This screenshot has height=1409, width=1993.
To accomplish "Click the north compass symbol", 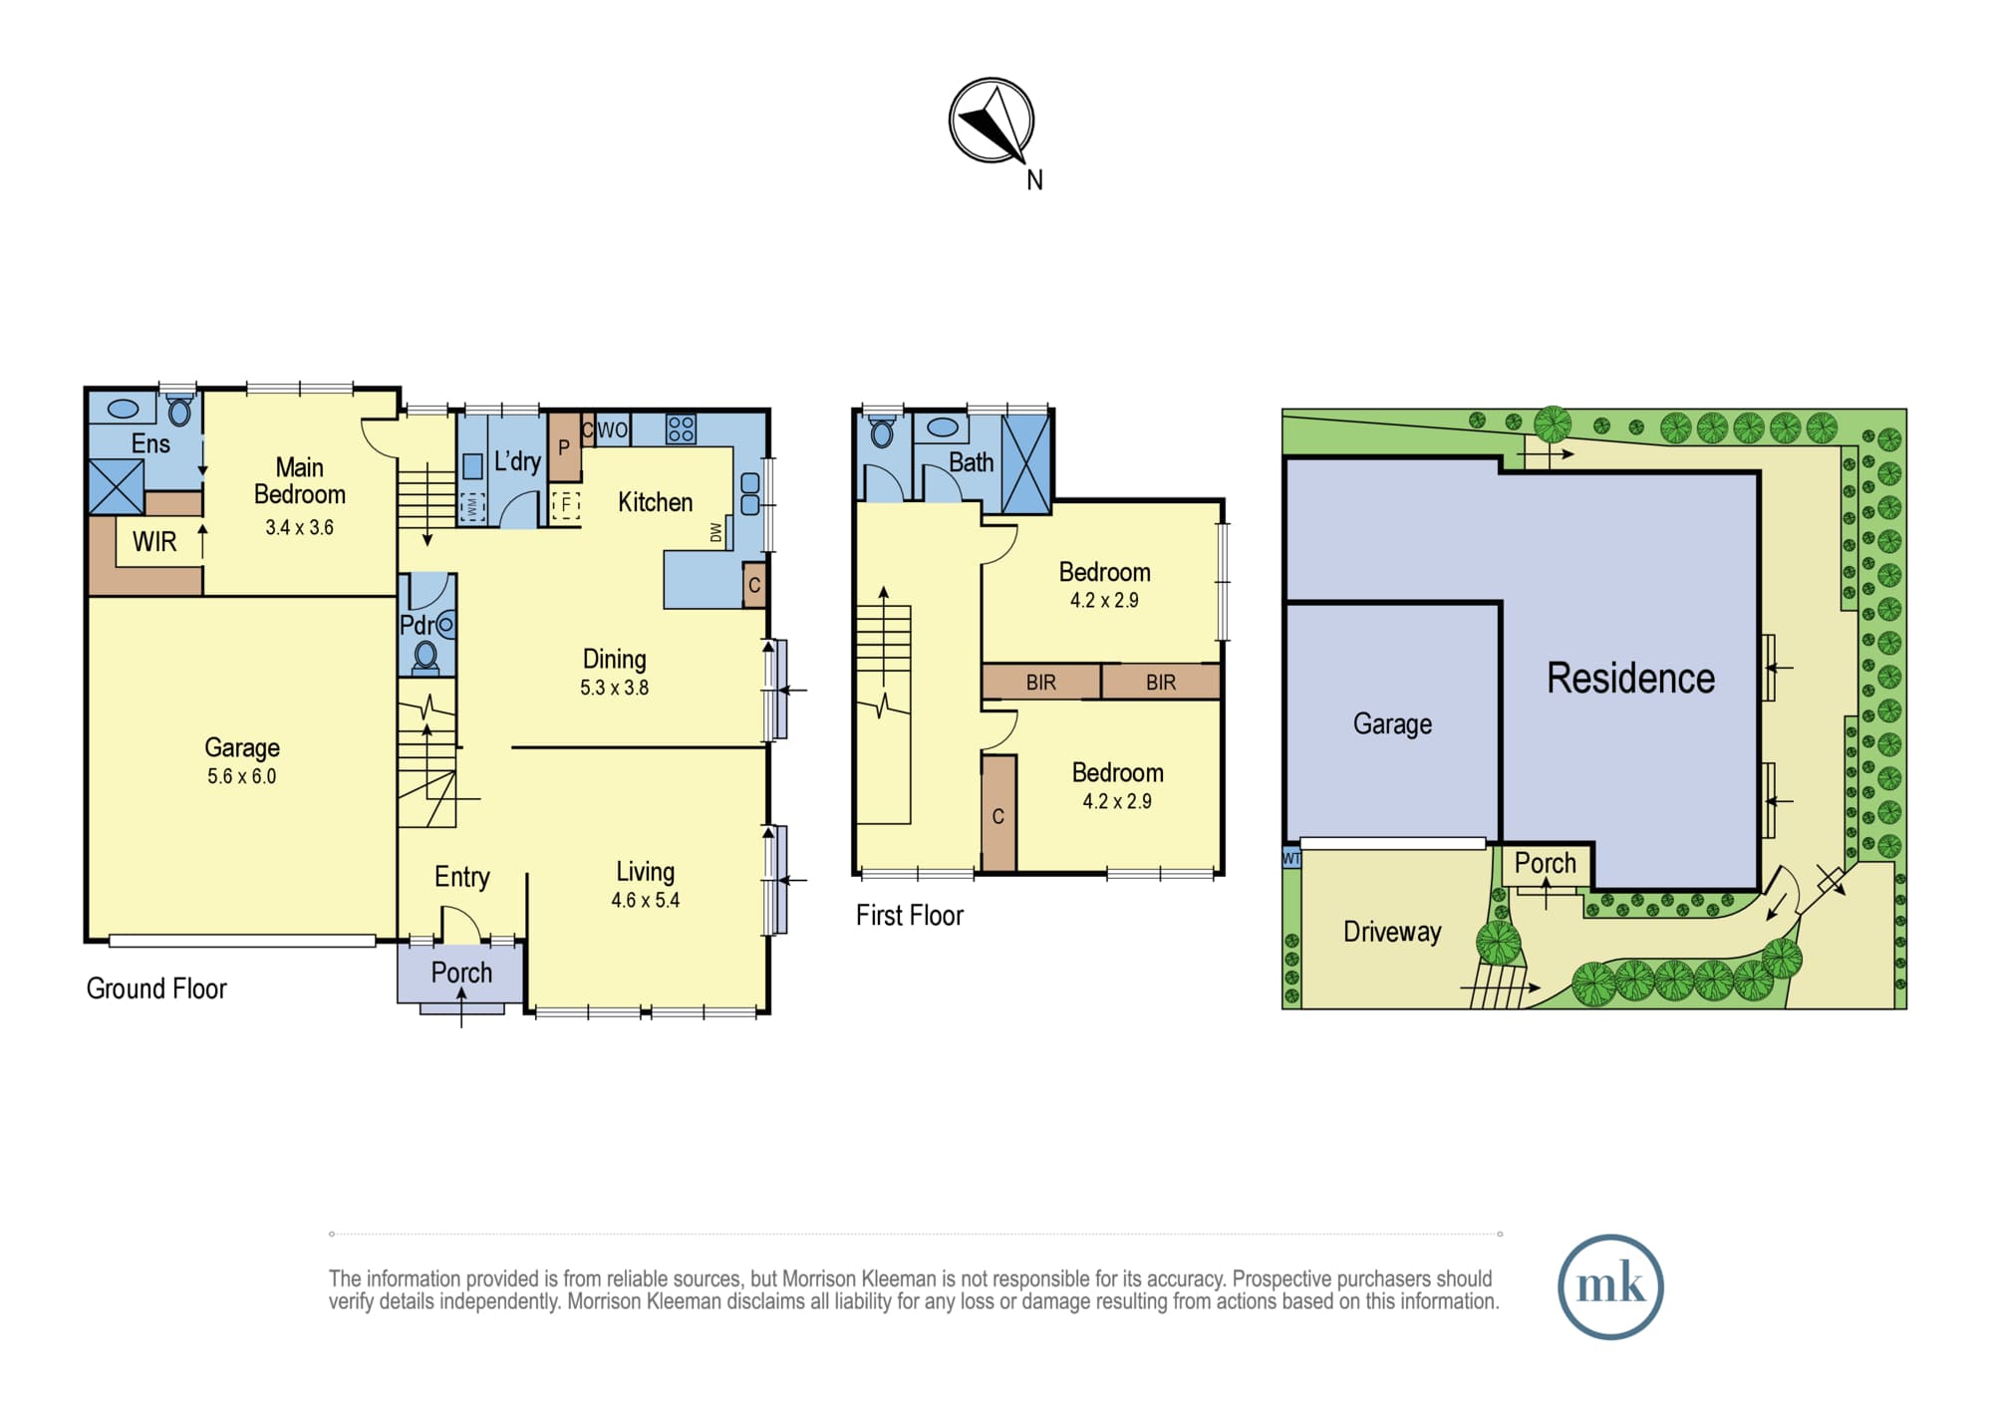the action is pyautogui.click(x=992, y=121).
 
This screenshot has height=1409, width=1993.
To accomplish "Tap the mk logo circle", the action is pyautogui.click(x=1610, y=1286).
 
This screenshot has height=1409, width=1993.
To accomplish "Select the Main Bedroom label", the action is pyautogui.click(x=300, y=481).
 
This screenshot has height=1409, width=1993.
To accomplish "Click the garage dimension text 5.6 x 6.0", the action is pyautogui.click(x=242, y=776).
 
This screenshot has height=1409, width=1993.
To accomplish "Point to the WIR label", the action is pyautogui.click(x=154, y=542).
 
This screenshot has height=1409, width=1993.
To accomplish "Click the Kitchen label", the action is pyautogui.click(x=655, y=502).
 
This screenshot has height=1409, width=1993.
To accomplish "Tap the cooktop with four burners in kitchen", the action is pyautogui.click(x=681, y=429).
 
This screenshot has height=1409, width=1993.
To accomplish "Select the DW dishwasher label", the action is pyautogui.click(x=715, y=533).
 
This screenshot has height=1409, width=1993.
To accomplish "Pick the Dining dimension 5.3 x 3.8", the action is pyautogui.click(x=614, y=688).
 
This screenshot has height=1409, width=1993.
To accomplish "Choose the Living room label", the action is pyautogui.click(x=645, y=872).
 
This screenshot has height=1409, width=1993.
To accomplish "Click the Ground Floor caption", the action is pyautogui.click(x=156, y=988).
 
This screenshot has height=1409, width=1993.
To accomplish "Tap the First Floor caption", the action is pyautogui.click(x=910, y=916).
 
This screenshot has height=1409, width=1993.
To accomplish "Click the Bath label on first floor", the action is pyautogui.click(x=971, y=462).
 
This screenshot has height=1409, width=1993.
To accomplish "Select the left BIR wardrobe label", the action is pyautogui.click(x=1041, y=683).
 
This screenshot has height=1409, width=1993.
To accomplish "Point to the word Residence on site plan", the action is pyautogui.click(x=1630, y=679).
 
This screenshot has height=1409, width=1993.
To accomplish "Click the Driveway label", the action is pyautogui.click(x=1392, y=932).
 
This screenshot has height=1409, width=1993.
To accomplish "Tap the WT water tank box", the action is pyautogui.click(x=1291, y=858).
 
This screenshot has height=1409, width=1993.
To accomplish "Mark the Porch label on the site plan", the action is pyautogui.click(x=1546, y=863).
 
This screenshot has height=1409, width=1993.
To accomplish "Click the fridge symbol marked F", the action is pyautogui.click(x=566, y=504).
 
